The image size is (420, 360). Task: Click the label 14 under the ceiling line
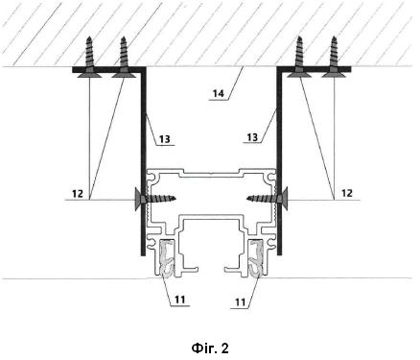[219, 94]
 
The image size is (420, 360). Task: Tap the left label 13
[165, 139]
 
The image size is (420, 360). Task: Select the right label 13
[252, 137]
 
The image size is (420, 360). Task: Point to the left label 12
[78, 194]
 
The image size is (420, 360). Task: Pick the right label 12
[347, 193]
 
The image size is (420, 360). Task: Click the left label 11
[179, 300]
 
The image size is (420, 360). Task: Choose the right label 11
[241, 302]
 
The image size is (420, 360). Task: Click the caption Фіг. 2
[210, 348]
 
